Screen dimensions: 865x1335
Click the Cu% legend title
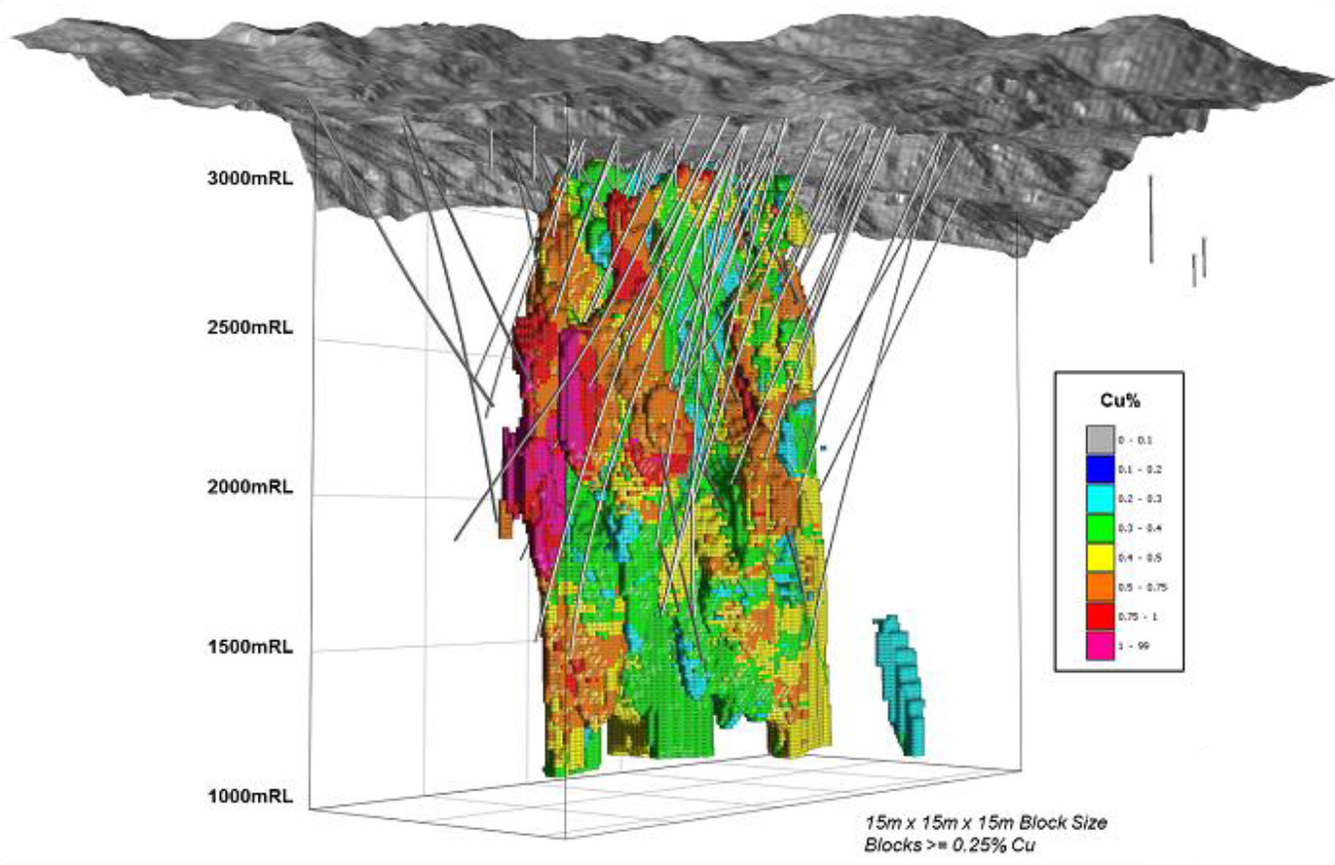(x=1119, y=402)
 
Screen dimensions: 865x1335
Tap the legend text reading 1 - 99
(x=1134, y=646)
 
